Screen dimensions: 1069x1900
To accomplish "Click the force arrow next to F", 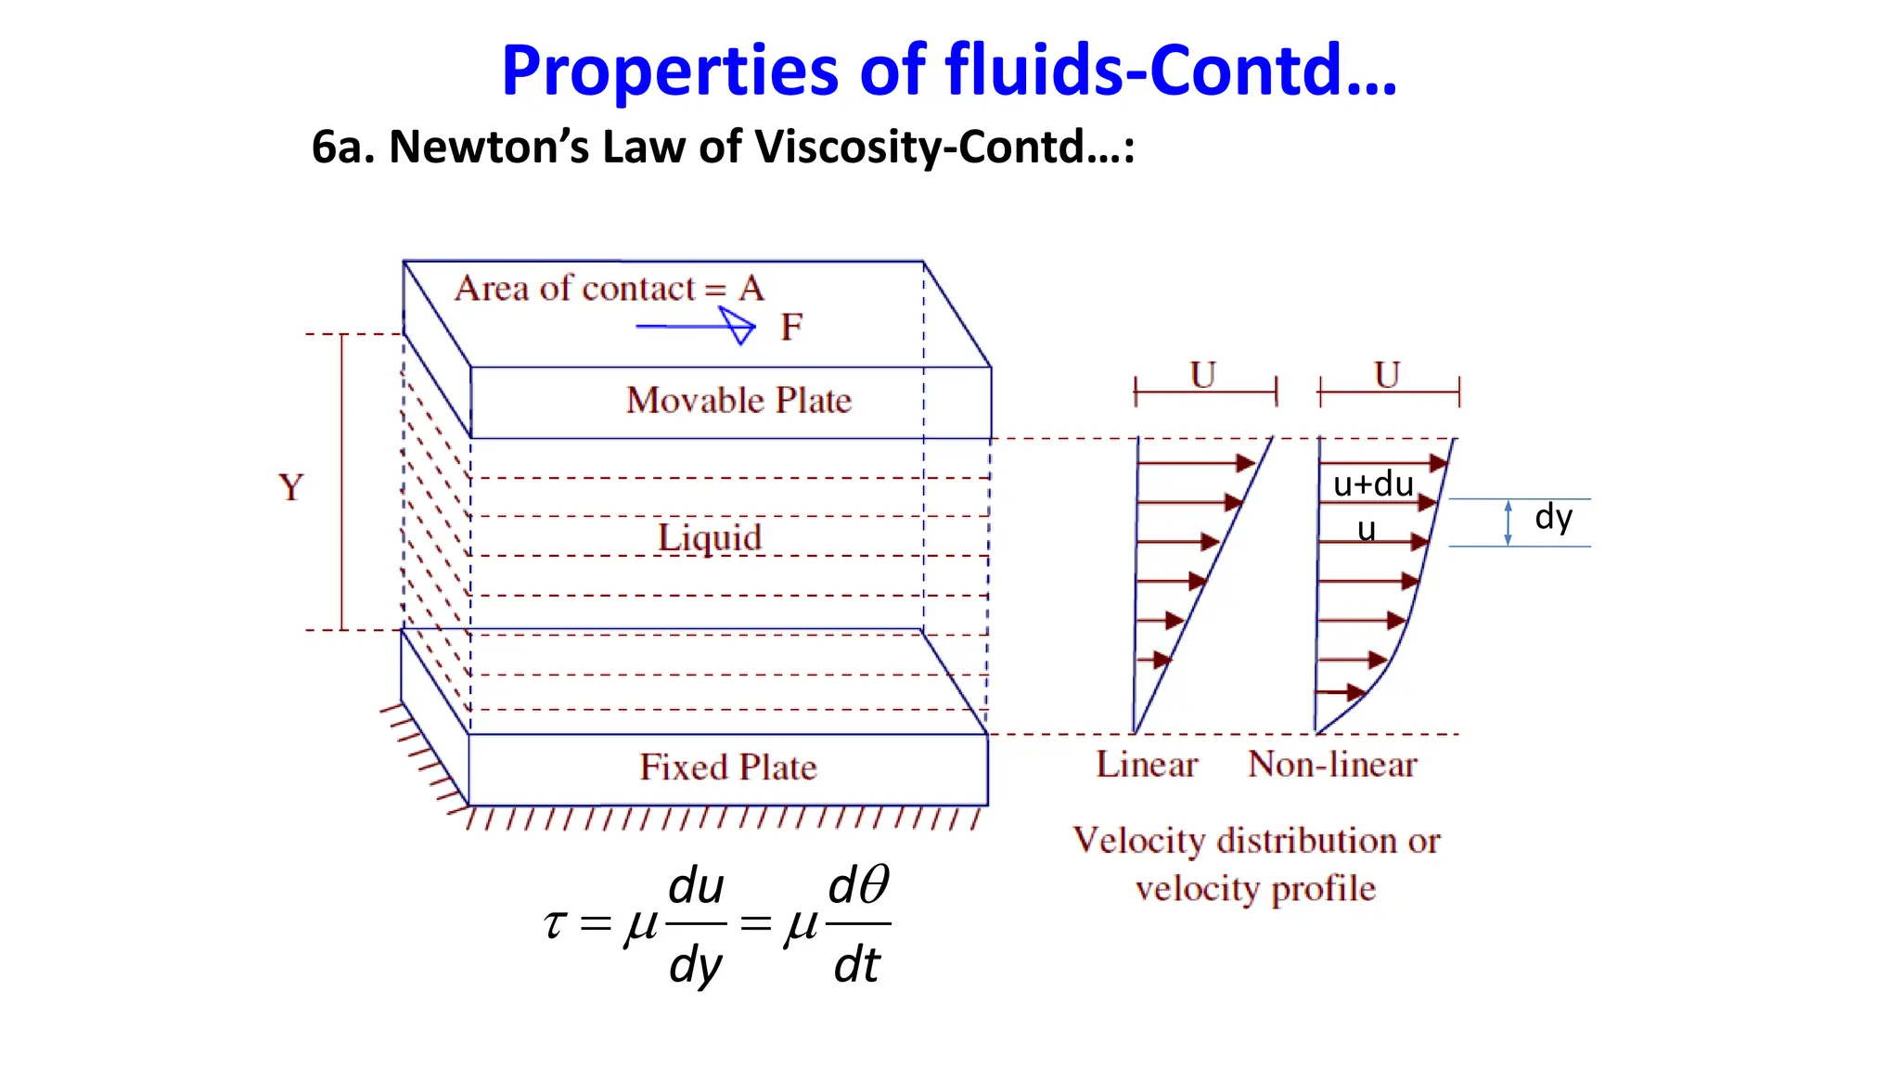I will [696, 327].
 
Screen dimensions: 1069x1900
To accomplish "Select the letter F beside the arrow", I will [790, 327].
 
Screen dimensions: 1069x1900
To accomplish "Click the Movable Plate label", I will [738, 401].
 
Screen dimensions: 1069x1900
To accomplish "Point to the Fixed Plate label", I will [728, 767].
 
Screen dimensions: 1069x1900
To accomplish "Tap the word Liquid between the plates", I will [710, 537].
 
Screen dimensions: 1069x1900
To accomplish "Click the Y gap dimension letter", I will [290, 487].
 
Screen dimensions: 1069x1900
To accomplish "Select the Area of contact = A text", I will [609, 289].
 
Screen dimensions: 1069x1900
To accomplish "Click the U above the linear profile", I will [1202, 375].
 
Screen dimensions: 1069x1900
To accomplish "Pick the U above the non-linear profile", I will [1387, 375].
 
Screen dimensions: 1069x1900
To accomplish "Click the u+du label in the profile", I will [1373, 483].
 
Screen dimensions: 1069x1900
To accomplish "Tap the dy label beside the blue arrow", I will [1553, 517].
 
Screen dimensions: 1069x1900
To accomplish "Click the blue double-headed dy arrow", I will [1508, 522].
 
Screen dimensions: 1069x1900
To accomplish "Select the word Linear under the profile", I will [1147, 765].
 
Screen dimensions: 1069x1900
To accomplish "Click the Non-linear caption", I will [1332, 765].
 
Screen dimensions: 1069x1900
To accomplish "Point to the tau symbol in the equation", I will [554, 923].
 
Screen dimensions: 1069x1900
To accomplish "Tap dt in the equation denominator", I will [855, 965].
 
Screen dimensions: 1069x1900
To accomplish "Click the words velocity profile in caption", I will [1255, 889].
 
